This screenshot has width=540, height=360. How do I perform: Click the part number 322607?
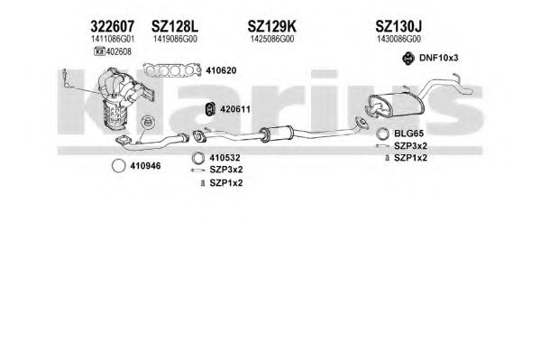click(x=113, y=26)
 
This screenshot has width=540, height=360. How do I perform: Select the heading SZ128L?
click(x=175, y=26)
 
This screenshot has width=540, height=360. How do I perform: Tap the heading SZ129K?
click(x=271, y=26)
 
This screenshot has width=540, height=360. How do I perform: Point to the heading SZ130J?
click(x=398, y=26)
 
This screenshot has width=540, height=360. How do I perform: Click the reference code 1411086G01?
click(x=113, y=39)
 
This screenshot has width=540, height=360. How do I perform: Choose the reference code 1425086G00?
click(x=272, y=39)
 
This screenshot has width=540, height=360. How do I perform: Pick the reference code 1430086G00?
click(x=398, y=39)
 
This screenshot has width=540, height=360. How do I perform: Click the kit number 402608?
click(x=118, y=51)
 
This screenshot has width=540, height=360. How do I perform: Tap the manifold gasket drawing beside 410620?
click(x=172, y=70)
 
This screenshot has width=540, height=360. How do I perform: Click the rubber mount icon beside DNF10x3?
click(x=408, y=58)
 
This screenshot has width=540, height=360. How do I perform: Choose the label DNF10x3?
click(x=439, y=58)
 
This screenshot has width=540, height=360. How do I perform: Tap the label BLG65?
click(x=408, y=134)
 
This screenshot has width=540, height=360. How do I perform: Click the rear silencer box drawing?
click(x=396, y=104)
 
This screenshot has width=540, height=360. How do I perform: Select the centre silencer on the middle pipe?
click(x=277, y=134)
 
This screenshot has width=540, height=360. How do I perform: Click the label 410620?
click(x=221, y=70)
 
